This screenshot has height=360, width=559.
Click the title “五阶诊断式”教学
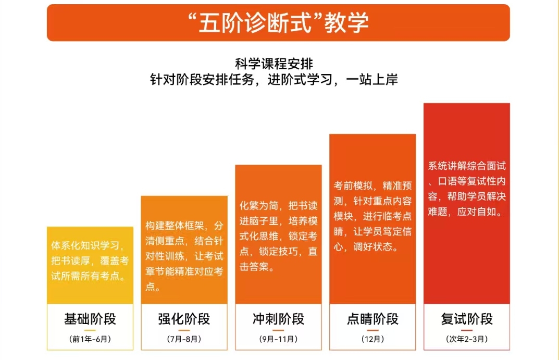point(278,23)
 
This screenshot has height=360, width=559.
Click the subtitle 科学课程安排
point(274,64)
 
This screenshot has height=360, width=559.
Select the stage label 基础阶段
point(90,319)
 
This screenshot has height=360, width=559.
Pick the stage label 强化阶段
point(184,319)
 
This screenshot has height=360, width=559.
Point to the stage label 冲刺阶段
point(278,319)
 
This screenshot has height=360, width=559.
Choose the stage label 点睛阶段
point(372,319)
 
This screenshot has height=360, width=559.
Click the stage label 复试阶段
point(467,319)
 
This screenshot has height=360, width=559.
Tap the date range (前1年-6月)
point(90,339)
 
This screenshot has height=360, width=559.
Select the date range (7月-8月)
point(184,339)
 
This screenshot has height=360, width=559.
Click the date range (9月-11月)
point(278,339)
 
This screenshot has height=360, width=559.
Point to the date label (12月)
point(372,339)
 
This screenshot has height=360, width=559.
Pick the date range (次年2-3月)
point(467,339)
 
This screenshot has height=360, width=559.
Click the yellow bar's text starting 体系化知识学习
point(90,260)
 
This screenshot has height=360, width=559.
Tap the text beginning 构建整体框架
point(184,256)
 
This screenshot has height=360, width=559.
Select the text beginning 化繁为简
point(278,236)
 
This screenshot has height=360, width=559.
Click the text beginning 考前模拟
point(372,216)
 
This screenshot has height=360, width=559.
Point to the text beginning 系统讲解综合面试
point(467,189)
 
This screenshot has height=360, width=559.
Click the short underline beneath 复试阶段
point(467,330)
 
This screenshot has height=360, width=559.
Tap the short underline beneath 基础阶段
point(90,330)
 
